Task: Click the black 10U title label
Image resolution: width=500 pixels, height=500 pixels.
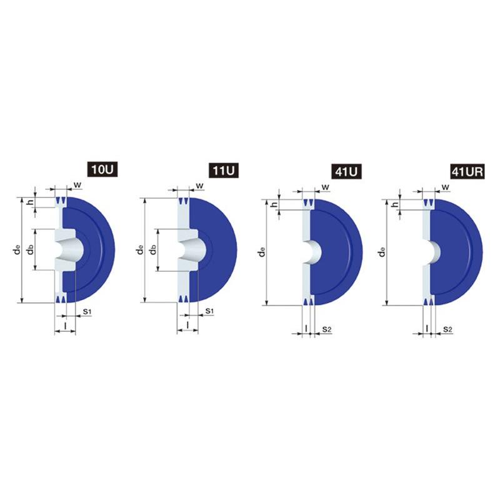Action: click(102, 169)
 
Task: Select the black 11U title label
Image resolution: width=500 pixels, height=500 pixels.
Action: click(224, 170)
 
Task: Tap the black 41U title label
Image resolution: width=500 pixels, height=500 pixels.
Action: click(346, 171)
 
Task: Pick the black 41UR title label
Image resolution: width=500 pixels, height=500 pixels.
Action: click(467, 171)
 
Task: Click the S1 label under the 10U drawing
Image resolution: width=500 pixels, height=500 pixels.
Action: click(87, 311)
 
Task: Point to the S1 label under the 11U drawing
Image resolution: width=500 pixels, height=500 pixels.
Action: click(209, 311)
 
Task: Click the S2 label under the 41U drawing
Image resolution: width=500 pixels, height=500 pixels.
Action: click(326, 329)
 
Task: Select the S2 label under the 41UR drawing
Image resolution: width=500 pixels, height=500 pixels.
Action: click(447, 329)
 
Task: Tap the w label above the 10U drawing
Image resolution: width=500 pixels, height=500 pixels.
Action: click(77, 184)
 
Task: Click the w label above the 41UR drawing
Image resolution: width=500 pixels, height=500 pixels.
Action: click(446, 186)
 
